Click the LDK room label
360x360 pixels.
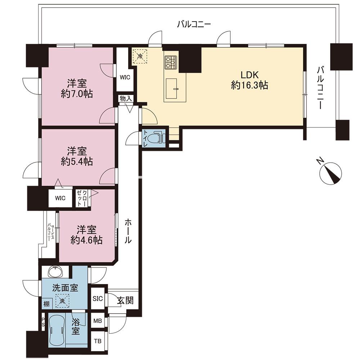(249, 75)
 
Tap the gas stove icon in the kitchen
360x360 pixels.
(171, 62)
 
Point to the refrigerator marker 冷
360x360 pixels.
(140, 56)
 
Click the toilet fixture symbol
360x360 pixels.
(158, 138)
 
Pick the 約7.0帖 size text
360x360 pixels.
(77, 94)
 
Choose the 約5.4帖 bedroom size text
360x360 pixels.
(77, 162)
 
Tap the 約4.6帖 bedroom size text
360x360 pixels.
(86, 240)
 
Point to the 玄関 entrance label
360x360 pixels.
(125, 300)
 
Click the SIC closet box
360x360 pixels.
(98, 298)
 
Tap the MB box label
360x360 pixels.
(98, 320)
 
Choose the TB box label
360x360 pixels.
(98, 341)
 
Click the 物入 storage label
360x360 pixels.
(126, 99)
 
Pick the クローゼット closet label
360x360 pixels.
(82, 198)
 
